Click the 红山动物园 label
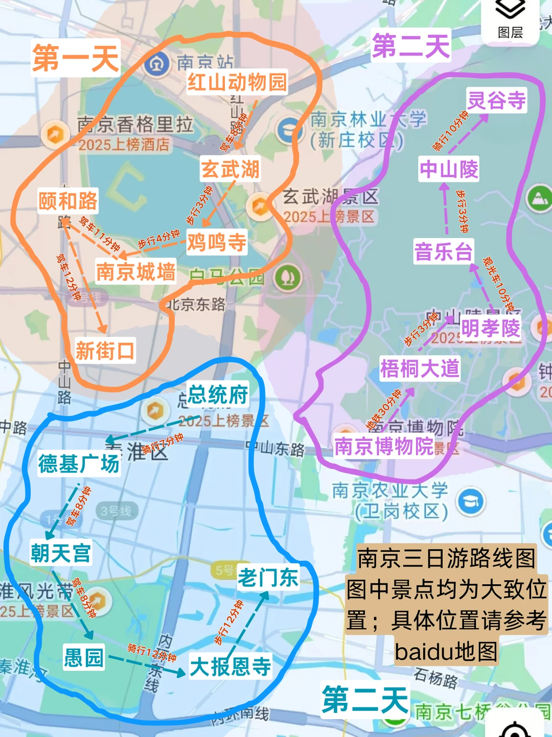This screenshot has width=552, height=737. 237,82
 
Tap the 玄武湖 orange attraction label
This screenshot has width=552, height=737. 230,169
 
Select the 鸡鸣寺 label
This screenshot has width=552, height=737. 216,242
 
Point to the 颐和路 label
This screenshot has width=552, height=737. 67,201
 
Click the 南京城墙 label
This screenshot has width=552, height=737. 135,271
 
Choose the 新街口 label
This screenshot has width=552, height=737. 105,351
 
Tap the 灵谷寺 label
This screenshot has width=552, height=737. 496,100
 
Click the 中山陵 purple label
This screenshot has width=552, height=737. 449,169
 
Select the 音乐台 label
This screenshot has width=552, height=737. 443,252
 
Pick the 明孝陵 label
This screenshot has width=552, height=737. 490,328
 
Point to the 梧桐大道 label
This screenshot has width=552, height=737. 420,368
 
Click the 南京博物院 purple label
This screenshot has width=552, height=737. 384,446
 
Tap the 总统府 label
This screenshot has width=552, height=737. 218,394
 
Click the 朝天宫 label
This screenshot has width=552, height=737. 61,553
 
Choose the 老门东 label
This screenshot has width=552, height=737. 268,578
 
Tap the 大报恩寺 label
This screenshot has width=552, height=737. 231,667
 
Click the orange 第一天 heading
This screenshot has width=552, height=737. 76,58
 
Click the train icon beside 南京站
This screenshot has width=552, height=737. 157,64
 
